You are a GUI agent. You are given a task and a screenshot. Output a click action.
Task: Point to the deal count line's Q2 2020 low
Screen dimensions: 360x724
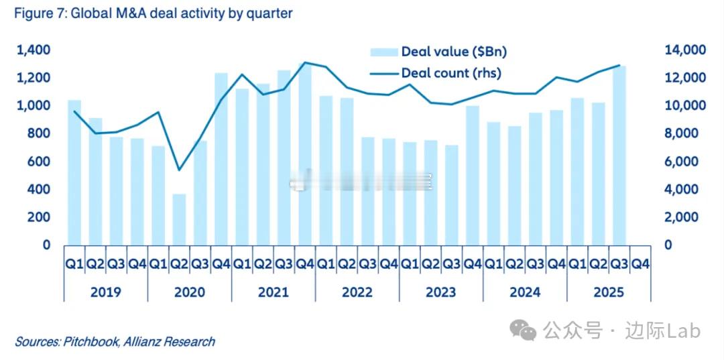[179, 170]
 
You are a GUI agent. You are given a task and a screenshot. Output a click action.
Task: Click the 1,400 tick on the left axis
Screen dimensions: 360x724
[34, 50]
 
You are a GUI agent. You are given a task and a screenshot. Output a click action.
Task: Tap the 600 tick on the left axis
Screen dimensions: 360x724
[39, 162]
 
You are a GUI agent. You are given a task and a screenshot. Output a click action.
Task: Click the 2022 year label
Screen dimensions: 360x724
[357, 292]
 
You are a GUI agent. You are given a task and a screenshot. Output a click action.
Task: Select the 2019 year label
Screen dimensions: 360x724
[106, 292]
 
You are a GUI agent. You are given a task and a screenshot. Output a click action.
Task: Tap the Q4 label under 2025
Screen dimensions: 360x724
[640, 265]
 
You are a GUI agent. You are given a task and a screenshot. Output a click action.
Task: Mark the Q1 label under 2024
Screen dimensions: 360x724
[493, 265]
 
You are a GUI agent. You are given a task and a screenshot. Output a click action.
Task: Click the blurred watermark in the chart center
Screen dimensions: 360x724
[362, 180]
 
